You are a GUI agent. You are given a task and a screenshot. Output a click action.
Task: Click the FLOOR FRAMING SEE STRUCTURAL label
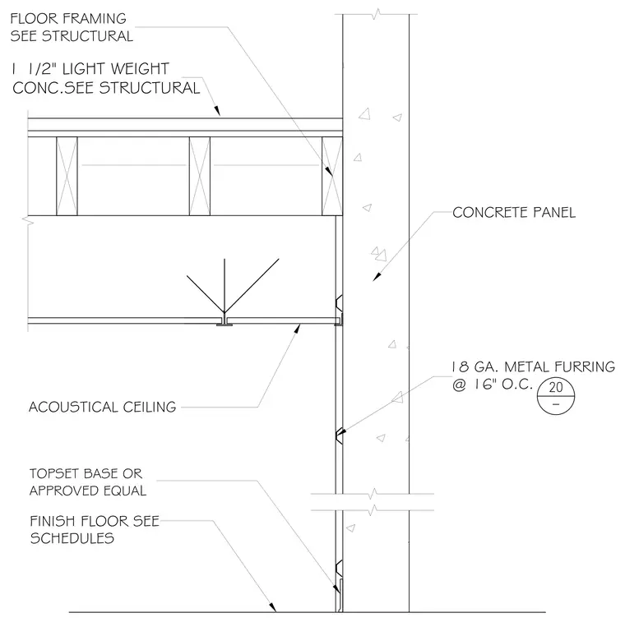click(x=72, y=27)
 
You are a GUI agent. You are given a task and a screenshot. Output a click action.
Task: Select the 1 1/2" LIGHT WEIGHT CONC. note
click(x=105, y=78)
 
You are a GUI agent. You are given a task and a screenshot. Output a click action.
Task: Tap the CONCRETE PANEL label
click(x=514, y=212)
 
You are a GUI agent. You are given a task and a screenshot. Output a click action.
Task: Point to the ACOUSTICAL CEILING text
click(x=103, y=407)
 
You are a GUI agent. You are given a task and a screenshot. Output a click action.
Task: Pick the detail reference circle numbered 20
click(x=556, y=396)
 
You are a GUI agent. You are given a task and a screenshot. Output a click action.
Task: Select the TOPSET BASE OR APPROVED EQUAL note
click(x=88, y=481)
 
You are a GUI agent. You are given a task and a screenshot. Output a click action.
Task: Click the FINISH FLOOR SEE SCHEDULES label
click(x=95, y=530)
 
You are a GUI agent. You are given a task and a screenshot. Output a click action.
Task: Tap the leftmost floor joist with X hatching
click(x=67, y=176)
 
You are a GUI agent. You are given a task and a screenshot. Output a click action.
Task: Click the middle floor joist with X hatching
click(x=200, y=176)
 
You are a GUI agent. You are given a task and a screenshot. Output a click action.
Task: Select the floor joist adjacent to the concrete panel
click(x=332, y=176)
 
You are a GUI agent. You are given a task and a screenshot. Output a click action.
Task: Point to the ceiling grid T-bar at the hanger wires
click(x=225, y=322)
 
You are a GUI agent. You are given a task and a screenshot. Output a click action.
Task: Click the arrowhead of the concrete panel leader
click(x=377, y=277)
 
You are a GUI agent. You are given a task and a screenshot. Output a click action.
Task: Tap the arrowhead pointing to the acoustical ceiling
click(x=297, y=329)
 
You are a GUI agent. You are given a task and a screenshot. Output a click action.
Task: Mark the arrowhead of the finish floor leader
click(x=273, y=607)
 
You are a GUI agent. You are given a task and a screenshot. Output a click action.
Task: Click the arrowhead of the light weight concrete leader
click(x=217, y=110)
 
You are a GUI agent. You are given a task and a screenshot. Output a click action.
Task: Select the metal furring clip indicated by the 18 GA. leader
click(x=339, y=436)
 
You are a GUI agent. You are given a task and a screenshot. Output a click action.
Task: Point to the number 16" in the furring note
click(x=486, y=385)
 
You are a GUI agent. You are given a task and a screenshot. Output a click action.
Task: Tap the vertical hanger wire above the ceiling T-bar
click(x=225, y=288)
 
